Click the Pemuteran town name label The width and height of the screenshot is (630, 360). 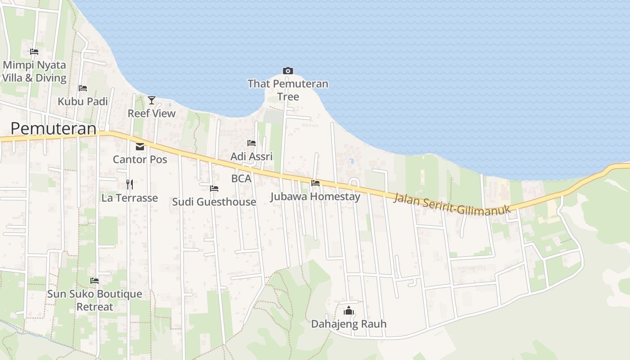[53, 129]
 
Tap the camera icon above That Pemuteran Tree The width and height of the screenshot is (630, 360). [288, 71]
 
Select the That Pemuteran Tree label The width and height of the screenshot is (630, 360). [288, 90]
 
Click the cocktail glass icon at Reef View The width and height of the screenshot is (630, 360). [152, 100]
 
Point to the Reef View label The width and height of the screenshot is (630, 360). [152, 113]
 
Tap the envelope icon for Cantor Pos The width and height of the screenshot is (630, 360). [140, 147]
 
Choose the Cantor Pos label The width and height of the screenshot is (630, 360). [140, 159]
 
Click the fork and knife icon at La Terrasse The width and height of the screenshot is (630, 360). [130, 184]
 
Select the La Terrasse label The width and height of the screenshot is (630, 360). [130, 198]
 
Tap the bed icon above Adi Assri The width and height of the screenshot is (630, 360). [252, 143]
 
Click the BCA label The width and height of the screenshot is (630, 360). [241, 179]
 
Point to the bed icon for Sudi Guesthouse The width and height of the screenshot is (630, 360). [214, 188]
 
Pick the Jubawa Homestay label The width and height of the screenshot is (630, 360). [315, 197]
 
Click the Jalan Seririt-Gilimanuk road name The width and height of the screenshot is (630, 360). [452, 204]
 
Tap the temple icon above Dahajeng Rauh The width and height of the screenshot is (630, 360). [349, 310]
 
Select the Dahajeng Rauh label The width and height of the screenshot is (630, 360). [349, 324]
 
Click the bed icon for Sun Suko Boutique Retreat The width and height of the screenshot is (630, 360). [94, 281]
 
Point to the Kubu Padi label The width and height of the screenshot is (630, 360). [83, 102]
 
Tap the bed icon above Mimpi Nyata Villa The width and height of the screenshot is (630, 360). [34, 52]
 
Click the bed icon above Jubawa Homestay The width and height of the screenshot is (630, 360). [315, 183]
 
